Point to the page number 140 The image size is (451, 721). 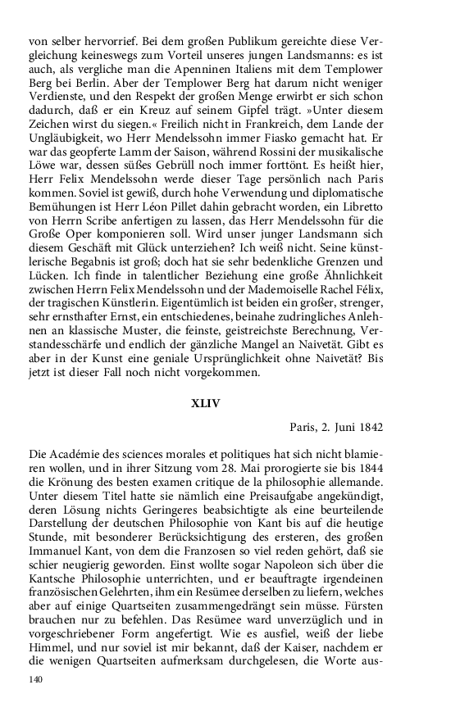pos(35,679)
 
